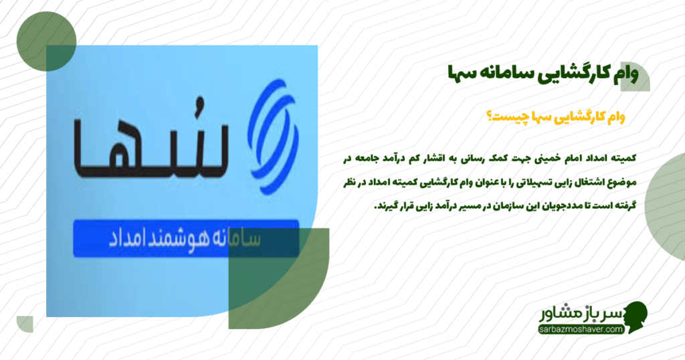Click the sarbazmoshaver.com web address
pyautogui.click(x=580, y=329)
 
